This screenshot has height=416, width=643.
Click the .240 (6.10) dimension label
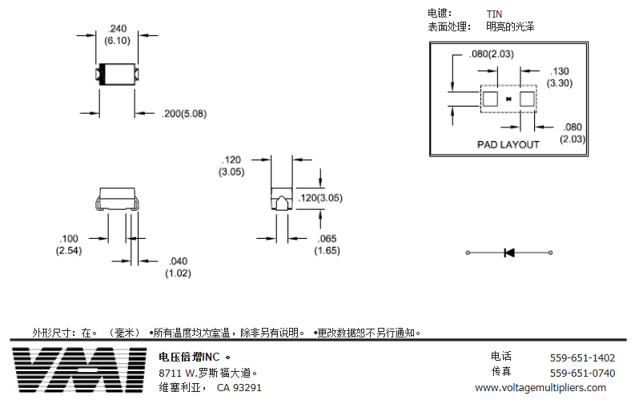[x=117, y=34]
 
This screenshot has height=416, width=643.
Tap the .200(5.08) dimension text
[x=184, y=114]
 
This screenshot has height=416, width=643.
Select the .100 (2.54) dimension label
[x=69, y=244]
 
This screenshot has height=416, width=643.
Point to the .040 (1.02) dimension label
[x=178, y=267]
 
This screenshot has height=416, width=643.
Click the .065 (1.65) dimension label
[x=328, y=244]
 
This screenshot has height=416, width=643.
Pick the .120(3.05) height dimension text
[x=320, y=198]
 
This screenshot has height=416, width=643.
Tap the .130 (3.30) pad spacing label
[x=560, y=77]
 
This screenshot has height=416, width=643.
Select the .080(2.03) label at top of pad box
[x=492, y=54]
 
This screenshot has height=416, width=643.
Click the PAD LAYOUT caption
[x=508, y=144]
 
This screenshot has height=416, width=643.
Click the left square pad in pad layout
[x=490, y=99]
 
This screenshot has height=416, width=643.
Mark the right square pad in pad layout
[x=527, y=99]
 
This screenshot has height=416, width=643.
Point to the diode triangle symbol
[x=509, y=252]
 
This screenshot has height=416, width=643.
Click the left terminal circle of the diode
[x=468, y=252]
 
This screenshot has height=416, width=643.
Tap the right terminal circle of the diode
[x=550, y=252]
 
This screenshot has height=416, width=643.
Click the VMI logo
[x=79, y=370]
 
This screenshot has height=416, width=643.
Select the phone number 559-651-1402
[x=582, y=357]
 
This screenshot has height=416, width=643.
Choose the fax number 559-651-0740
[x=582, y=373]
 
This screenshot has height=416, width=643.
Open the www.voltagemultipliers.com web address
[x=541, y=388]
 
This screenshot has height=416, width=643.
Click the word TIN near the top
[x=494, y=14]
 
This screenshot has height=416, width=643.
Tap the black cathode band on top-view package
[x=102, y=75]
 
